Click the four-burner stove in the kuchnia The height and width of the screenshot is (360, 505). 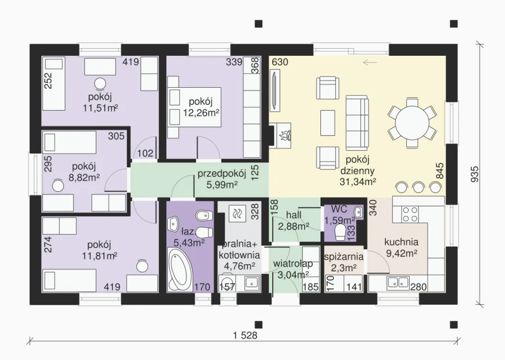click(x=410, y=215)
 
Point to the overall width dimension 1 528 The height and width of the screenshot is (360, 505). click(x=245, y=336)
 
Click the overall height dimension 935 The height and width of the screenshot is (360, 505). click(x=475, y=174)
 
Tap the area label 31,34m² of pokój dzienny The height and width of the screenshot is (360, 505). click(x=358, y=182)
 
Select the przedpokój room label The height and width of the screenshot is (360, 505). click(x=222, y=174)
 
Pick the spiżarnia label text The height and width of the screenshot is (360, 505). click(x=344, y=257)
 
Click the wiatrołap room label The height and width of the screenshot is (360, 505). click(x=293, y=264)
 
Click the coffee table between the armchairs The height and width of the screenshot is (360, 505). click(x=328, y=123)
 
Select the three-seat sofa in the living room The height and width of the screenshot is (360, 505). click(x=357, y=123)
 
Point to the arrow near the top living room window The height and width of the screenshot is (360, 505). click(x=370, y=62)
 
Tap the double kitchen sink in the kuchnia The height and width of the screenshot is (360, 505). click(x=398, y=283)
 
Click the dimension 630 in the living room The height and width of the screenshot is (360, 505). click(x=280, y=62)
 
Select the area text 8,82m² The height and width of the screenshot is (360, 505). click(x=84, y=177)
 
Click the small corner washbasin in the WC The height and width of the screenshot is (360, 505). click(x=358, y=212)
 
